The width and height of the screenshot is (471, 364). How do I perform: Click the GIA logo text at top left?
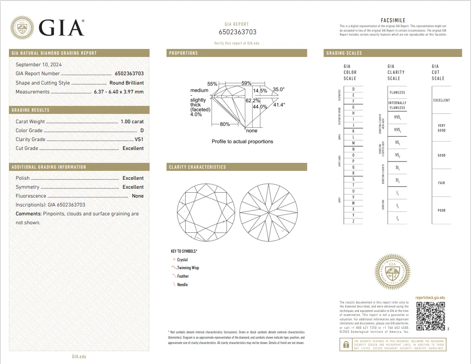tap(61, 28)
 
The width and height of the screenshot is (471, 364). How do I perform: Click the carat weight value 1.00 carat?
tap(132, 121)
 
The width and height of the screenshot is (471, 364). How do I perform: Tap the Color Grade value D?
tap(142, 130)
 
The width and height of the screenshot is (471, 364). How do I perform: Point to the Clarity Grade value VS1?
tap(139, 139)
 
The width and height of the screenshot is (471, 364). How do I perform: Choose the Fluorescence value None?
tap(138, 196)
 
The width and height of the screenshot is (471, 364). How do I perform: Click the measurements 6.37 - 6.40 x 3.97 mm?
tap(118, 92)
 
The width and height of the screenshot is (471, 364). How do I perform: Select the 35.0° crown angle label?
tap(279, 89)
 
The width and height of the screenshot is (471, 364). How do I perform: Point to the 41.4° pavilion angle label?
tap(279, 105)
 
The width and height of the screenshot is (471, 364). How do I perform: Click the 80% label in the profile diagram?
tap(225, 124)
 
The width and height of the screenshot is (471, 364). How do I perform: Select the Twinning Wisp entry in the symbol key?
tap(188, 268)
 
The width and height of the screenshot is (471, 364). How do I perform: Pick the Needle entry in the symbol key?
tap(182, 284)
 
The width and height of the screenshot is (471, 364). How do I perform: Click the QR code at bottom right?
tap(430, 316)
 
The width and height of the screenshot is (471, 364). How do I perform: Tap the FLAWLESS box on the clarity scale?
tap(397, 93)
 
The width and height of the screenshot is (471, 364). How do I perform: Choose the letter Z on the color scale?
tap(353, 221)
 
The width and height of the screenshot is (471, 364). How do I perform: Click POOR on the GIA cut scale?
tap(441, 210)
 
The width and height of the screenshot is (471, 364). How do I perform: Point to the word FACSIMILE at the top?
tap(394, 20)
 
